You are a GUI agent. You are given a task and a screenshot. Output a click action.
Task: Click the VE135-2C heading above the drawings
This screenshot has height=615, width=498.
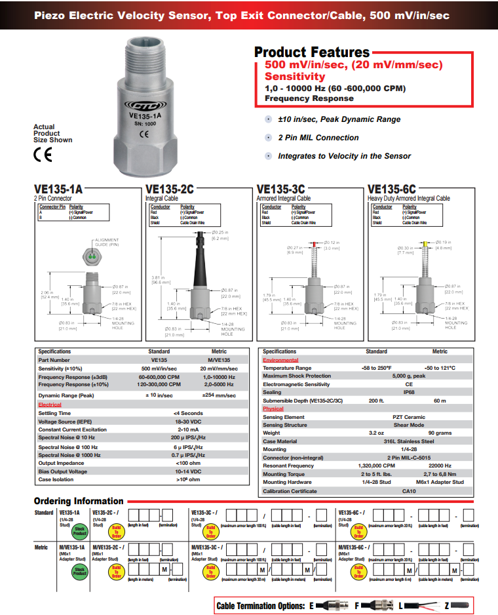pyautogui.click(x=170, y=189)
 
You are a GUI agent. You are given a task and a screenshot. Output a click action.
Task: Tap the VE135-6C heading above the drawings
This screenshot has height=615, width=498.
pyautogui.click(x=392, y=189)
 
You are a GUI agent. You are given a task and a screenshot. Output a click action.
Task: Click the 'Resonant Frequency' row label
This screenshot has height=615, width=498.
pyautogui.click(x=288, y=466)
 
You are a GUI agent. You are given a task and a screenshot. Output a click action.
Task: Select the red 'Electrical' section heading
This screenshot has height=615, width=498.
pyautogui.click(x=50, y=405)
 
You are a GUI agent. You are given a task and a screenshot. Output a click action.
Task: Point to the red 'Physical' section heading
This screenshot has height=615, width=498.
pyautogui.click(x=273, y=408)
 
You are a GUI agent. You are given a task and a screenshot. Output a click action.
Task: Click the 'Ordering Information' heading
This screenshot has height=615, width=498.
pyautogui.click(x=79, y=501)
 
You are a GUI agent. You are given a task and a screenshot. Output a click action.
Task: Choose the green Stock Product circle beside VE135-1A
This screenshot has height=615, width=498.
pyautogui.click(x=79, y=532)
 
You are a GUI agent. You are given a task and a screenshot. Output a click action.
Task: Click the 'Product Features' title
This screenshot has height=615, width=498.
pyautogui.click(x=312, y=52)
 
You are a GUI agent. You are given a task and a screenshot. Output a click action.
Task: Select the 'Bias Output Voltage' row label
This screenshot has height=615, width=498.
pyautogui.click(x=63, y=471)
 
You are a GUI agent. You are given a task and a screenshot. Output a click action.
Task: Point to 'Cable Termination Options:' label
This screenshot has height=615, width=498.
pyautogui.click(x=261, y=606)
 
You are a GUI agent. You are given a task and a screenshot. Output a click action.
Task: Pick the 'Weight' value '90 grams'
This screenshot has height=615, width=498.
pyautogui.click(x=440, y=433)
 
